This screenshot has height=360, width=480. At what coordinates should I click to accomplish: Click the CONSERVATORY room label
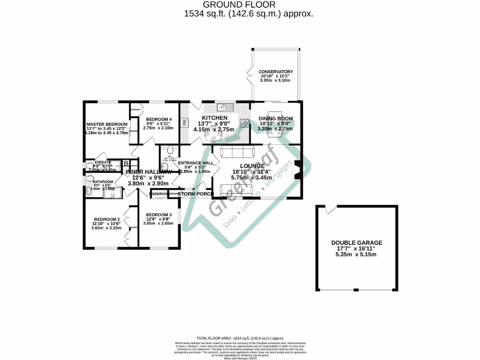click(x=276, y=72)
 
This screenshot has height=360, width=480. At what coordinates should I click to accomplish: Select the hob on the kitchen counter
click(x=244, y=123)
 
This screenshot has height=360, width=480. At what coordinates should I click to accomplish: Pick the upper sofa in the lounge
click(x=236, y=151)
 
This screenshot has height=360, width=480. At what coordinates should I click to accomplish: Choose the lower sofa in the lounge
click(x=236, y=190)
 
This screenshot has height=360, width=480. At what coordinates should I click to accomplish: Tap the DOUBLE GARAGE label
click(x=357, y=243)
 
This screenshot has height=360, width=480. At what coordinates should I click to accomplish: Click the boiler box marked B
click(x=126, y=164)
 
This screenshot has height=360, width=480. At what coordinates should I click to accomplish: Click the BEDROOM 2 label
click(x=107, y=219)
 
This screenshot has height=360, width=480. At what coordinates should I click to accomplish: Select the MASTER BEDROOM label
click(x=107, y=124)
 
